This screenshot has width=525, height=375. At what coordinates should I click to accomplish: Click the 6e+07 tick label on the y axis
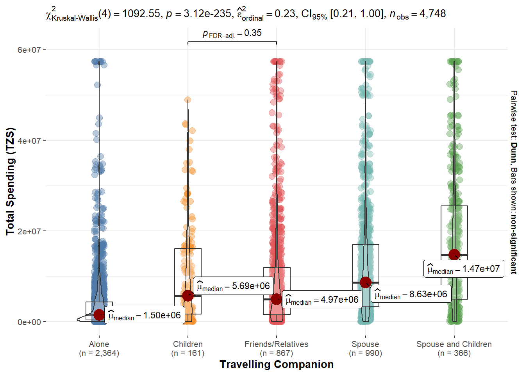coord(29,50)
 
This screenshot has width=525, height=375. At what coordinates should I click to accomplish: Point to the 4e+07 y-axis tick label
coord(29,141)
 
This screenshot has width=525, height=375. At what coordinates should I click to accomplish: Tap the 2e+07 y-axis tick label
coord(29,231)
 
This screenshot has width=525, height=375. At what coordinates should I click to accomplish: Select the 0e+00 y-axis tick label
coord(29,322)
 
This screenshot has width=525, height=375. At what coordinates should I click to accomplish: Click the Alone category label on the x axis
coord(99,344)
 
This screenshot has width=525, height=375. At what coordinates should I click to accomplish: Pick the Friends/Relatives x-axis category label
coord(276,344)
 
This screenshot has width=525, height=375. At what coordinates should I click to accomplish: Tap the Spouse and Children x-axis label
coord(454,344)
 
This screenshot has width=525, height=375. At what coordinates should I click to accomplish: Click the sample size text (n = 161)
coord(188,353)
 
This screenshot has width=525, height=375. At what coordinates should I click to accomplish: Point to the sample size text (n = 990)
coord(365,353)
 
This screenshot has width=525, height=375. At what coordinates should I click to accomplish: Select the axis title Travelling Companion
coord(277,364)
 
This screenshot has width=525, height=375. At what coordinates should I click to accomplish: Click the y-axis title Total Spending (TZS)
coord(10,182)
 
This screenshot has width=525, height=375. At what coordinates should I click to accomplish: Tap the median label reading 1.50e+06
coord(145,316)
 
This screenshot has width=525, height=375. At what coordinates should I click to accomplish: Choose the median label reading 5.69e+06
coord(233,286)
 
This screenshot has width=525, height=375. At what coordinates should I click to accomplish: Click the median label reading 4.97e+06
coord(322,300)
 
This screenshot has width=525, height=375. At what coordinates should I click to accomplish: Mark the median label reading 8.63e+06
coord(411,295)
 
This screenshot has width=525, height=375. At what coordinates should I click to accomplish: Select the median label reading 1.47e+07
coord(464,269)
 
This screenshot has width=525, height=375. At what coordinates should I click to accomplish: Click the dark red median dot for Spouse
coord(366,282)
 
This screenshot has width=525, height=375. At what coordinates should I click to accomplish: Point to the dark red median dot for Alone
coord(99,314)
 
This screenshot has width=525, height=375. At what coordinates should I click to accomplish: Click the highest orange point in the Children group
coord(188,100)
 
